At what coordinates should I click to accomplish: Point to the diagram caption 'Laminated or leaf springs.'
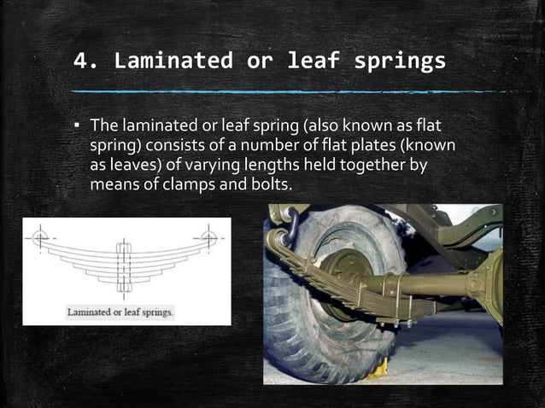click(x=121, y=312)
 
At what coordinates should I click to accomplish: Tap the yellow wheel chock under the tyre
click(x=376, y=367)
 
